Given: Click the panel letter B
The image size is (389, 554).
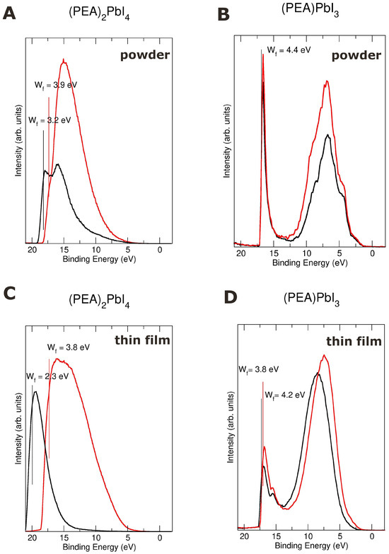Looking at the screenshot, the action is coord(224,14).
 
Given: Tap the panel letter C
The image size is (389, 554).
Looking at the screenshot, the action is coord(8,294).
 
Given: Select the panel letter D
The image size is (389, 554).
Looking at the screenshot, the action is coord(231,297).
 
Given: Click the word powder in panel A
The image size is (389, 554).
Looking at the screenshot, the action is coord(145,55).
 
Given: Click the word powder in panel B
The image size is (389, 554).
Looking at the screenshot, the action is coord(356,55).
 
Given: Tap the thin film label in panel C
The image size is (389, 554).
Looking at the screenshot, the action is coord(142,340).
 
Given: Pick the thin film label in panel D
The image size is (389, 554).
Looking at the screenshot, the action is coord(354,341).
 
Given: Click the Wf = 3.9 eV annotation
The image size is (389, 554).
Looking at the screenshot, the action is coord(55,86).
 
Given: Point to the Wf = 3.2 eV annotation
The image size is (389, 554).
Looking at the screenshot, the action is coord(50,121).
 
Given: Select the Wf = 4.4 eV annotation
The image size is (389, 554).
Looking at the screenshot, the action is coord(289,50).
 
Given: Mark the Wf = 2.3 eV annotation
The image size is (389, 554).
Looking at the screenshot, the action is coord(47,376).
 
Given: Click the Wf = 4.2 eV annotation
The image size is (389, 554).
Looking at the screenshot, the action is coord(284,395).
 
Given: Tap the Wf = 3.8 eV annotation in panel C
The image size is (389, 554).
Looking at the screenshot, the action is coord(69,348).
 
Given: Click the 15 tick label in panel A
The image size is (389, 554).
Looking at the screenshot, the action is coord(64,250).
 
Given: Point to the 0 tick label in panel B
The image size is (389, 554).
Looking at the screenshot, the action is coord(373,253).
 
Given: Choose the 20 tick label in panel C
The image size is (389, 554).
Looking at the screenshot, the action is coord(32,538).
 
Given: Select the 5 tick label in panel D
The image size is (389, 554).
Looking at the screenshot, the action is coord(340,536).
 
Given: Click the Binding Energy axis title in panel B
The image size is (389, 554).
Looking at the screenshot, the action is coord(310,263).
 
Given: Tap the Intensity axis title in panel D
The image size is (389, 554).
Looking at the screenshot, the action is coord(231,427).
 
